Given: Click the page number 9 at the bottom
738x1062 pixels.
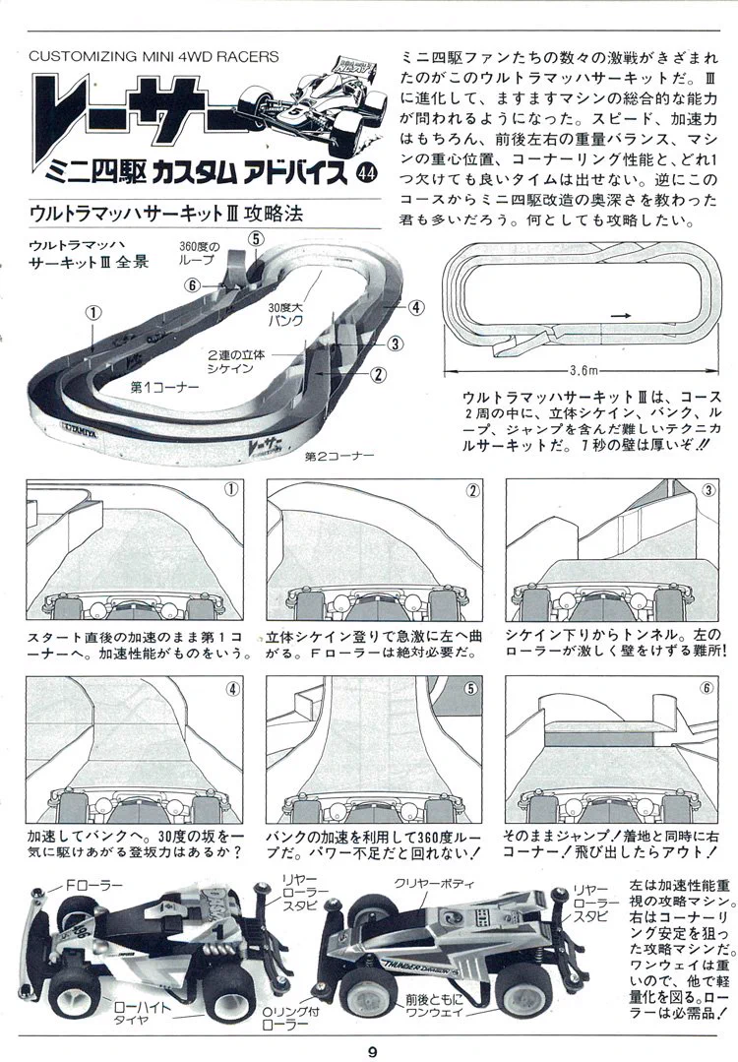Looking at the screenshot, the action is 372,1052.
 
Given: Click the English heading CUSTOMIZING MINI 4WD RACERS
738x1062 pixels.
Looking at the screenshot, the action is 154,56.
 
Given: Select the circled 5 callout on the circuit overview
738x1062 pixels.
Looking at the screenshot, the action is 255,238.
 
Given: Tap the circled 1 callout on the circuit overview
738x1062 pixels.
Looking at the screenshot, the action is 93,312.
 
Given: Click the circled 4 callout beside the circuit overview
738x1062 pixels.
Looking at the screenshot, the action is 415,307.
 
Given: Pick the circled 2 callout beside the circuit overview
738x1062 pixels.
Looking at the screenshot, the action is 378,373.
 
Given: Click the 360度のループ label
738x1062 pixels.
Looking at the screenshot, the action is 199,253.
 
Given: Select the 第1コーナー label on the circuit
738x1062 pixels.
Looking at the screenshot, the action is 164,387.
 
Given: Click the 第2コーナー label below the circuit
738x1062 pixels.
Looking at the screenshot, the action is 339,456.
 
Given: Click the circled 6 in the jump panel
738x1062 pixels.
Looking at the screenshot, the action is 707,688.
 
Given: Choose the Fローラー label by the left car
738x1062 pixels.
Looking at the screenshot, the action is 94,885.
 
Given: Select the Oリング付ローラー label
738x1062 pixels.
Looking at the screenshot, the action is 290,1019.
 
